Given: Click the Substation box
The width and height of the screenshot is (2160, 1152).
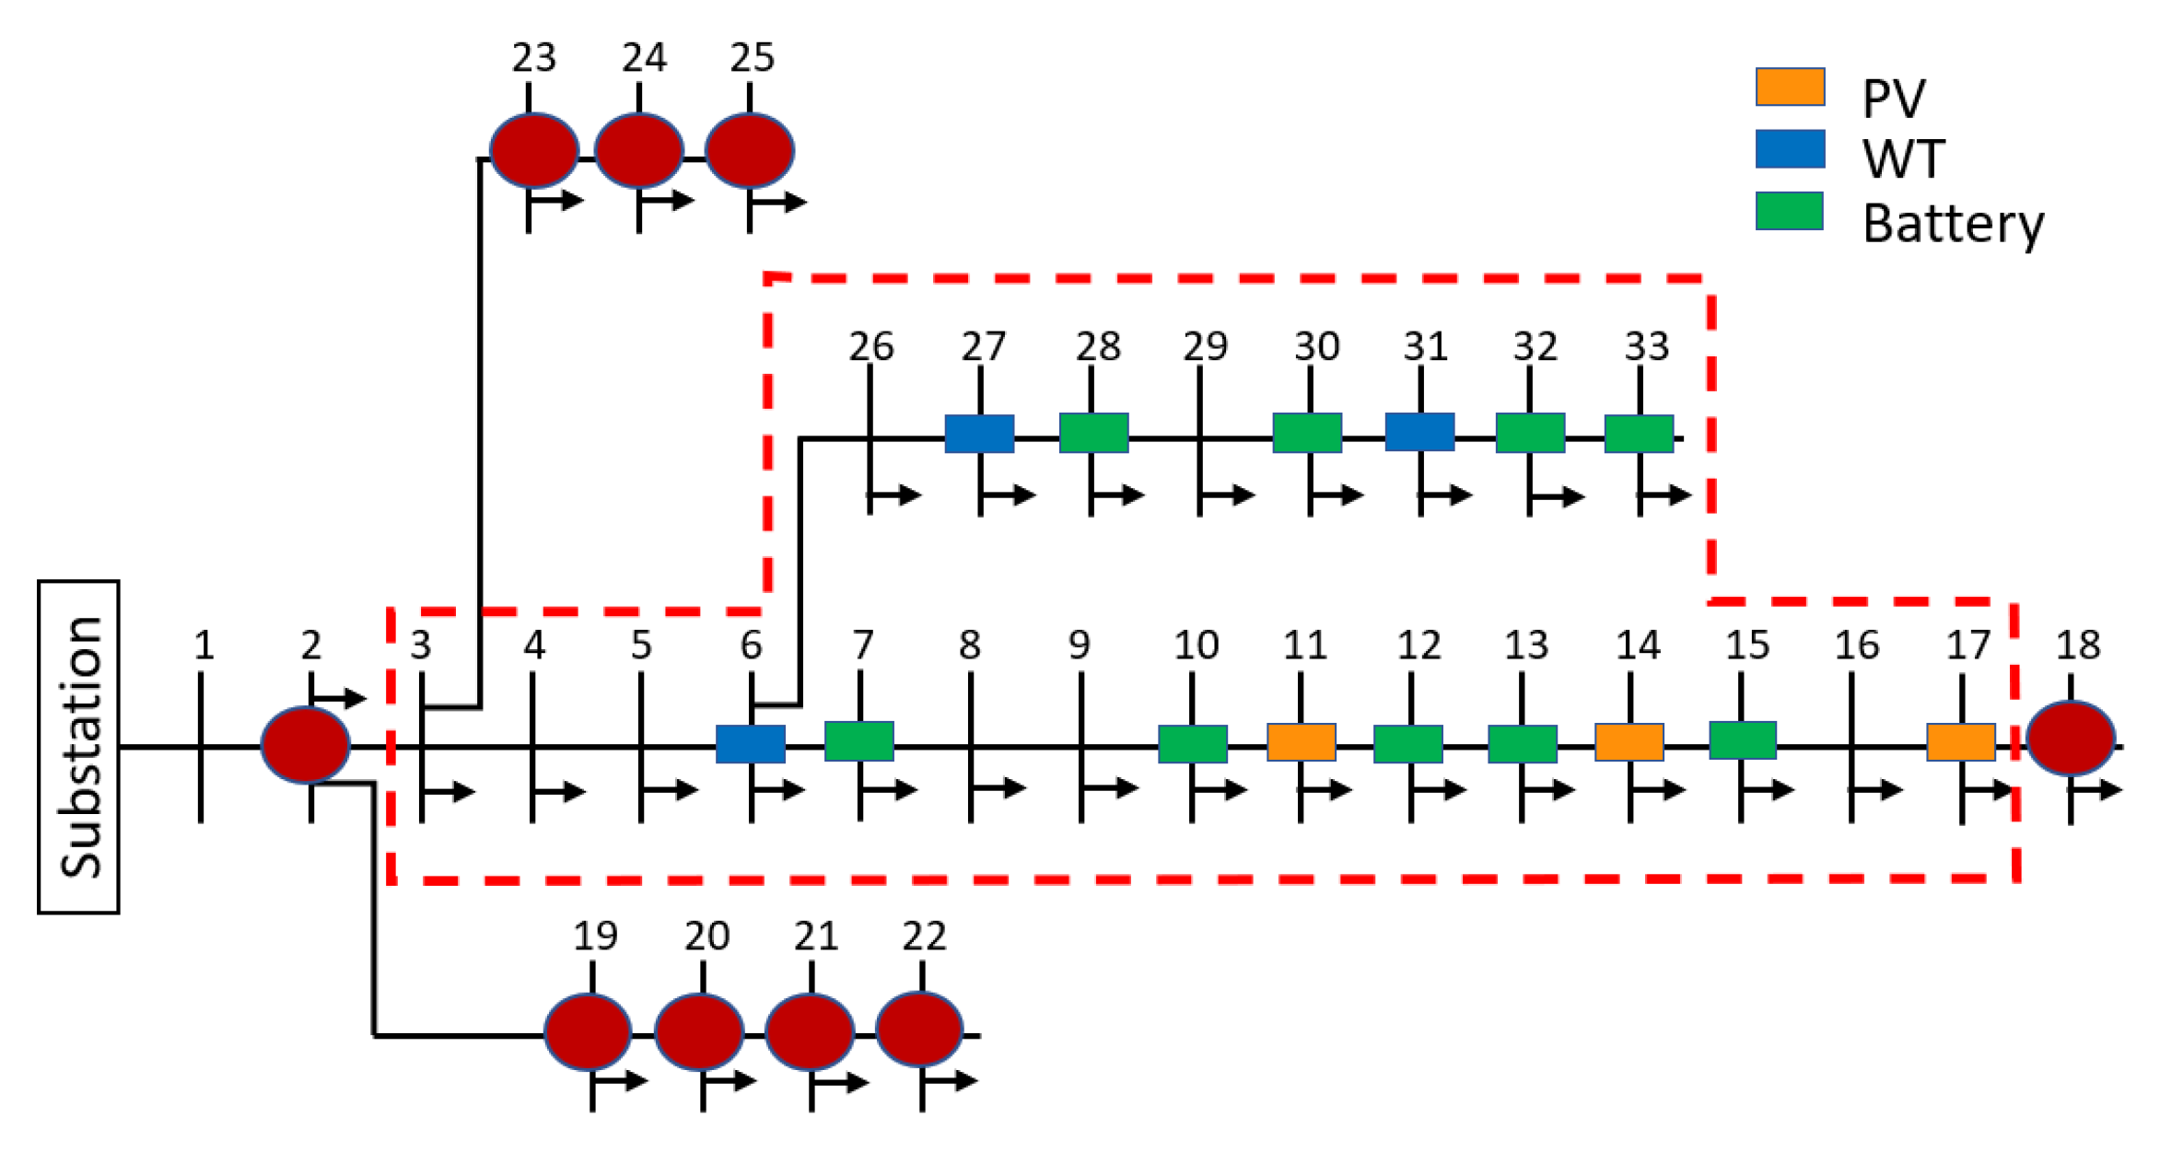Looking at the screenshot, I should pyautogui.click(x=78, y=747).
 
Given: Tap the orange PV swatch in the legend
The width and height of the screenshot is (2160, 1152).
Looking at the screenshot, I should pyautogui.click(x=1790, y=87).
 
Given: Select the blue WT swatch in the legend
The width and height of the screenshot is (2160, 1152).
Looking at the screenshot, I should pyautogui.click(x=1790, y=149).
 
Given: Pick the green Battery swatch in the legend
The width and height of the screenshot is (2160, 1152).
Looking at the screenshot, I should pyautogui.click(x=1789, y=211).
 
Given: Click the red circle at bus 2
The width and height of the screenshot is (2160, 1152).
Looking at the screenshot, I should pyautogui.click(x=305, y=744).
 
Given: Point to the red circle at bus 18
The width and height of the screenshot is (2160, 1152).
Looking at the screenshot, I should pyautogui.click(x=2071, y=738).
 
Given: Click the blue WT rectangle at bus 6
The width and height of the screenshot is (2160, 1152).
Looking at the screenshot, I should pyautogui.click(x=751, y=744).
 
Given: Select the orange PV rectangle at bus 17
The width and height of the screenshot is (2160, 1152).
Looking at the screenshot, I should pyautogui.click(x=1961, y=742).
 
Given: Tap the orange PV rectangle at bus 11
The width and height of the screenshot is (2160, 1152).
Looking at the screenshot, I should pyautogui.click(x=1301, y=742).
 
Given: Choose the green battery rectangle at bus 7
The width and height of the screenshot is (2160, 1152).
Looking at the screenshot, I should pyautogui.click(x=859, y=741).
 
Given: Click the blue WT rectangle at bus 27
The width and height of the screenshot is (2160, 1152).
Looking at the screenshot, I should pyautogui.click(x=979, y=434).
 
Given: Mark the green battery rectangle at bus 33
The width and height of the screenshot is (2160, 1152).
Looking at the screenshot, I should pyautogui.click(x=1639, y=434).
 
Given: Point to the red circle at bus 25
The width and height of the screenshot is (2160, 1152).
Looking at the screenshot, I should pyautogui.click(x=750, y=150).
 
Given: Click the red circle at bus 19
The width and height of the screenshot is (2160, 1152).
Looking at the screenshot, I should pyautogui.click(x=588, y=1030).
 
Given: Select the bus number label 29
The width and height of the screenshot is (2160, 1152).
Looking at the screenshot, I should pyautogui.click(x=1205, y=347).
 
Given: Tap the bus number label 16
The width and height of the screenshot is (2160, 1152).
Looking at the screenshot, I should pyautogui.click(x=1856, y=646).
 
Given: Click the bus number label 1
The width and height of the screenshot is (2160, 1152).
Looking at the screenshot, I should pyautogui.click(x=204, y=646).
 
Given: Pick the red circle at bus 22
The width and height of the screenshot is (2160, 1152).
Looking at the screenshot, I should pyautogui.click(x=919, y=1029).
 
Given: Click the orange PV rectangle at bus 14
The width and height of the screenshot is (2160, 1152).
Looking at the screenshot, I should pyautogui.click(x=1629, y=742).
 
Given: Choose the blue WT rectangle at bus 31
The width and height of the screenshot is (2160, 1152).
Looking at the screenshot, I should pyautogui.click(x=1419, y=432).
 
